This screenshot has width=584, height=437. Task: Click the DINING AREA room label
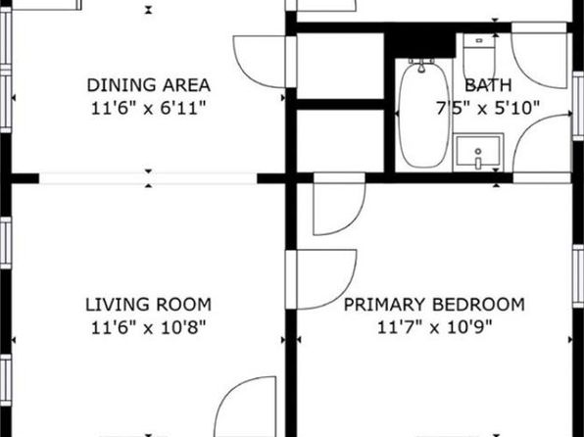(149, 85)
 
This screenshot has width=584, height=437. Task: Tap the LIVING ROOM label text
(149, 305)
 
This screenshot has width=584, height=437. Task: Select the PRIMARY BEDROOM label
(434, 305)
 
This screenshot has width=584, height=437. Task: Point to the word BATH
(488, 85)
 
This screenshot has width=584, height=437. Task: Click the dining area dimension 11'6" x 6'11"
(149, 109)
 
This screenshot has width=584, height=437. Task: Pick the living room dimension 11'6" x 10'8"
(149, 328)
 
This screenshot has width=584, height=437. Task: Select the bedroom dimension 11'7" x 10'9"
(435, 328)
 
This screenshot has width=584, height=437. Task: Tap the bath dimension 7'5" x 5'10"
(488, 109)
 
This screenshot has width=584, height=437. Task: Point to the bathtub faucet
(421, 66)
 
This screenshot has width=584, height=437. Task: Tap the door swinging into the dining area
(261, 62)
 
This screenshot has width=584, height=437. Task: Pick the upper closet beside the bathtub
(340, 66)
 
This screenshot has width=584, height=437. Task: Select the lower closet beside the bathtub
(340, 141)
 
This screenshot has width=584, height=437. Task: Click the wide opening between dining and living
(148, 178)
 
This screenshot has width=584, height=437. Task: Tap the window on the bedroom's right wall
(578, 276)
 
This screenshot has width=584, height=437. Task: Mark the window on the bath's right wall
(578, 106)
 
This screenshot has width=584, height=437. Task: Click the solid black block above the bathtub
(420, 43)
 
